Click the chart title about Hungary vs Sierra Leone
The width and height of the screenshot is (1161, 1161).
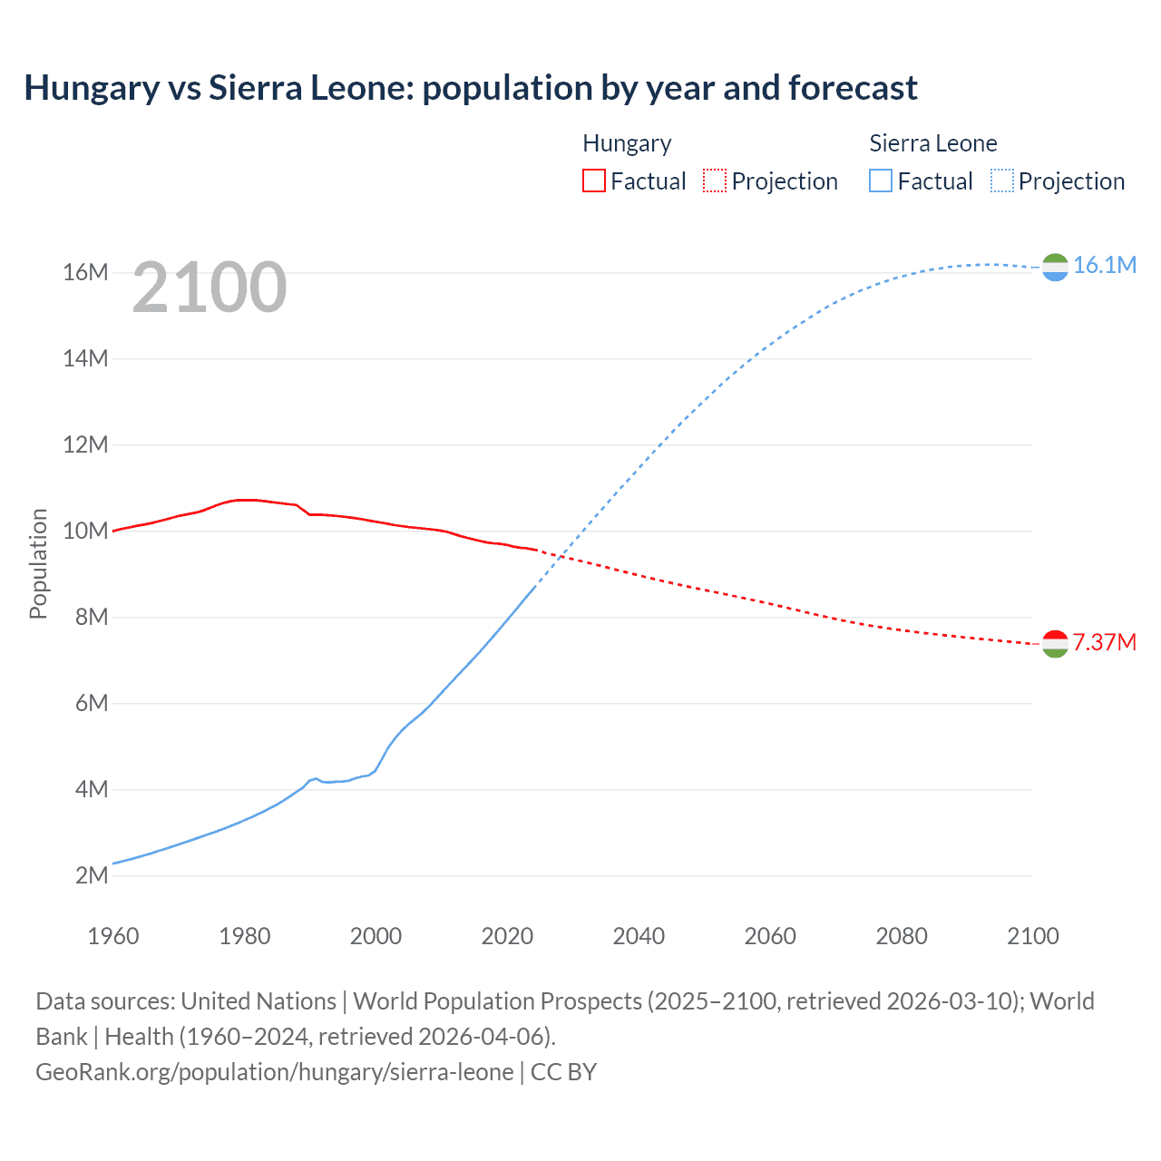[x=471, y=88]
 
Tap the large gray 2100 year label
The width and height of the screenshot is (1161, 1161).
[x=210, y=288]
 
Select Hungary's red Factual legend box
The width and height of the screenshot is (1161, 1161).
[x=593, y=180]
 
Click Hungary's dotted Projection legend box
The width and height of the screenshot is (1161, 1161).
[x=715, y=180]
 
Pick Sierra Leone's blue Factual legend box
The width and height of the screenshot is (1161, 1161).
[x=881, y=180]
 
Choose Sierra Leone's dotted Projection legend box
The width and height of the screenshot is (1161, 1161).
[x=1002, y=180]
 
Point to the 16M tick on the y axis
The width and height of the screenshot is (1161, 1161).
[x=85, y=272]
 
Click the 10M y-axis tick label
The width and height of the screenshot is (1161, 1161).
[x=85, y=531]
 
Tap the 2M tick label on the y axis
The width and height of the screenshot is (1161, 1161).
[x=91, y=875]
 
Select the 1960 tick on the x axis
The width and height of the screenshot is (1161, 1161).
[x=113, y=936]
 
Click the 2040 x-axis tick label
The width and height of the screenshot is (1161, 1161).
[x=639, y=936]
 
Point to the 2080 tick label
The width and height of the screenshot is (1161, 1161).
[x=902, y=936]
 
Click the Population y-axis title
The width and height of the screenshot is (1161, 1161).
[x=38, y=563]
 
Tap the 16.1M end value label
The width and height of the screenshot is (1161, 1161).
[x=1104, y=265]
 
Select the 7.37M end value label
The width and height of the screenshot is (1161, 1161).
[x=1104, y=642]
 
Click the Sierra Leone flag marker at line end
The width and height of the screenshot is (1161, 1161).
[x=1055, y=267]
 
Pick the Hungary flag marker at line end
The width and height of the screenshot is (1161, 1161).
[x=1055, y=644]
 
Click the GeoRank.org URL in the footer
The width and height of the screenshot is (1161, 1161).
[x=275, y=1072]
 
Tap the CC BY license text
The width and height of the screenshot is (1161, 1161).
[x=563, y=1072]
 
